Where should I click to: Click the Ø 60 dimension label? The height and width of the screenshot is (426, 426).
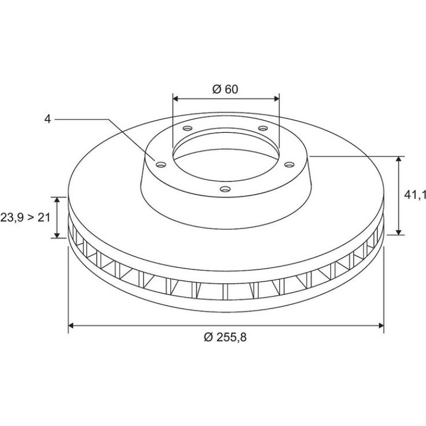225,89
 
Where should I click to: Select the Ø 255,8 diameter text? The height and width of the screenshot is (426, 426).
225,337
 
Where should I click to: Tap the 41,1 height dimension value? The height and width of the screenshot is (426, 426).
415,195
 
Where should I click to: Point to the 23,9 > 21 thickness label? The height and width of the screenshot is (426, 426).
25,217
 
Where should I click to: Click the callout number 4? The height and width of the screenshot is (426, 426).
48,119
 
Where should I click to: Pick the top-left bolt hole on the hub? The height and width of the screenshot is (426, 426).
188,128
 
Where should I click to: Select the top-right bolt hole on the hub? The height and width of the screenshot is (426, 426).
263,128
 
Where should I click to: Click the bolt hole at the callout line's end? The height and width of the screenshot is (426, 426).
161,164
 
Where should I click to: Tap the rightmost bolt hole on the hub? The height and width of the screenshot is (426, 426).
289,164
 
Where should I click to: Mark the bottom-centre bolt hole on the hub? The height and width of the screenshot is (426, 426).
225,189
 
